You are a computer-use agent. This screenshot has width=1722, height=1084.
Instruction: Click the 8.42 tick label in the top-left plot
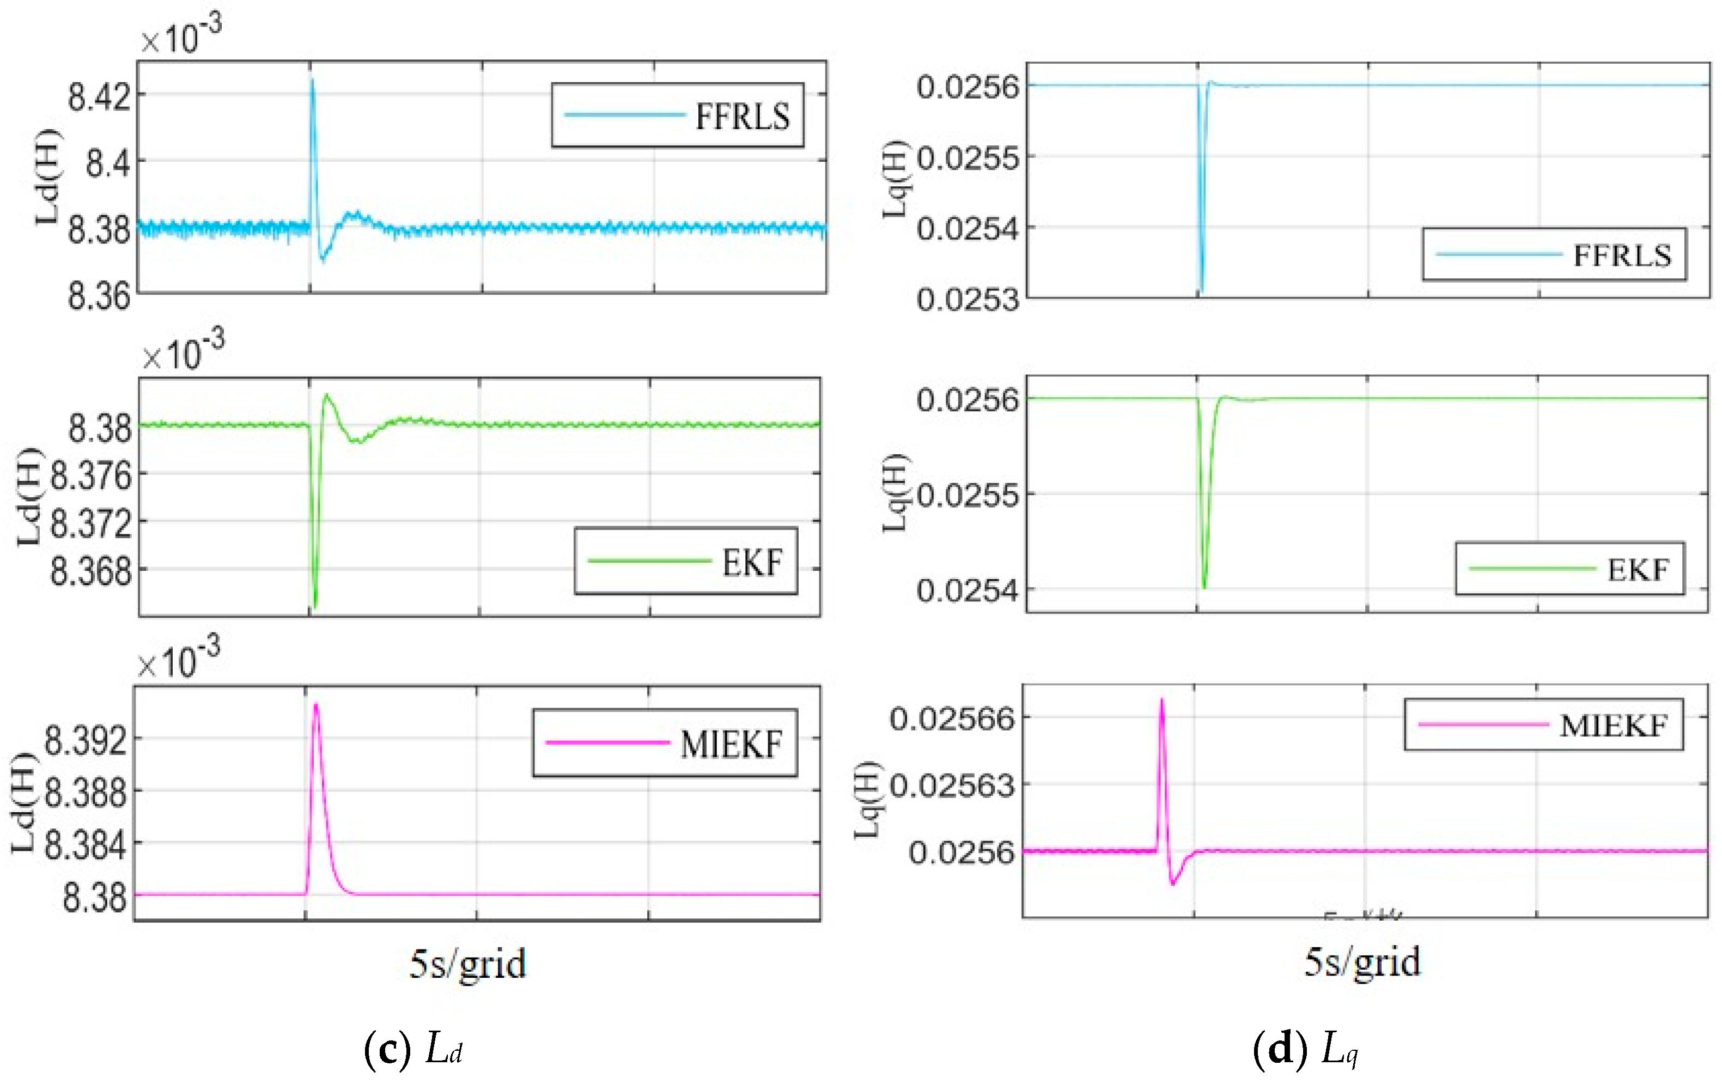pyautogui.click(x=99, y=96)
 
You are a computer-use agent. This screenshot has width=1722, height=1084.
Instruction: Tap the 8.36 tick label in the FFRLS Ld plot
pyautogui.click(x=99, y=295)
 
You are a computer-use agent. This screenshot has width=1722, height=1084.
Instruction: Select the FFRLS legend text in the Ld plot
pyautogui.click(x=743, y=117)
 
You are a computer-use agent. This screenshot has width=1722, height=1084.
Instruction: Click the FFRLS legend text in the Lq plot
pyautogui.click(x=1622, y=255)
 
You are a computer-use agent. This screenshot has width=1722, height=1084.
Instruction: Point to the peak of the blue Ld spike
pyautogui.click(x=312, y=80)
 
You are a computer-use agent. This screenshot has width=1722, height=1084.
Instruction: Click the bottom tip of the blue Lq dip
pyautogui.click(x=1201, y=290)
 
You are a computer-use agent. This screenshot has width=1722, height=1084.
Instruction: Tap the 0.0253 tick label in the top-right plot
pyautogui.click(x=968, y=299)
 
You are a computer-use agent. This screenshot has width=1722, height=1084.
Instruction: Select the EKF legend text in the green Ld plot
pyautogui.click(x=752, y=563)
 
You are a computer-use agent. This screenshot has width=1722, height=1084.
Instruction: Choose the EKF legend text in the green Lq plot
pyautogui.click(x=1638, y=570)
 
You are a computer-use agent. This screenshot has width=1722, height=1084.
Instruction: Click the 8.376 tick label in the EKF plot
pyautogui.click(x=92, y=476)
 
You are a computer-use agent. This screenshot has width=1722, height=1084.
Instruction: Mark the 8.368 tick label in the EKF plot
pyautogui.click(x=92, y=571)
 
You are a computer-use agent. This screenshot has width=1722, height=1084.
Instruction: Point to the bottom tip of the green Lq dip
pyautogui.click(x=1204, y=587)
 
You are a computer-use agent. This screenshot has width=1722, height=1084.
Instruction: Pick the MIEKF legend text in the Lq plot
pyautogui.click(x=1613, y=726)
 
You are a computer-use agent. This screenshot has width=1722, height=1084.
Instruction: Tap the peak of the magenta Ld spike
pyautogui.click(x=316, y=705)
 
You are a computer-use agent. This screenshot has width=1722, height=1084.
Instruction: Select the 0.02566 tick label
pyautogui.click(x=952, y=718)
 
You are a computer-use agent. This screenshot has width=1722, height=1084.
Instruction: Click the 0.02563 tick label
pyautogui.click(x=952, y=785)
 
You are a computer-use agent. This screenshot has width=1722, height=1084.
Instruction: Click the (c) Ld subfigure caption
pyautogui.click(x=413, y=1049)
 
